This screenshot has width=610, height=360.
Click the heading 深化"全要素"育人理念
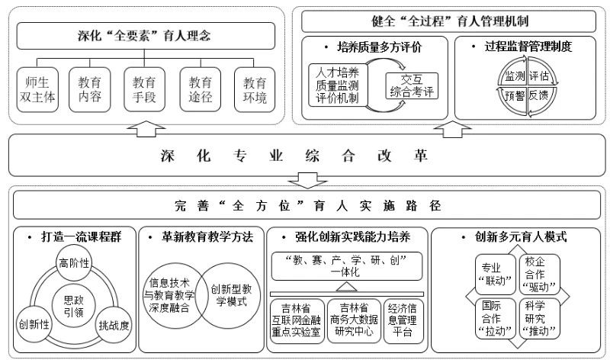(146, 35)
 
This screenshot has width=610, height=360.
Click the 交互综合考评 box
(412, 85)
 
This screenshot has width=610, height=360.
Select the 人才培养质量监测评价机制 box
(337, 85)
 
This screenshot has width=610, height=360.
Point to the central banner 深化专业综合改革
(305, 157)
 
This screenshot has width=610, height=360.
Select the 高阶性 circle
(74, 263)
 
